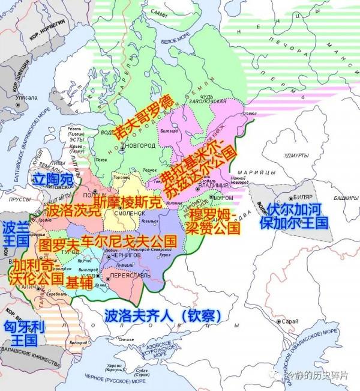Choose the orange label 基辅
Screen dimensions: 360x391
point(80,280)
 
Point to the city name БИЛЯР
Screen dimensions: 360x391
point(307,196)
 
